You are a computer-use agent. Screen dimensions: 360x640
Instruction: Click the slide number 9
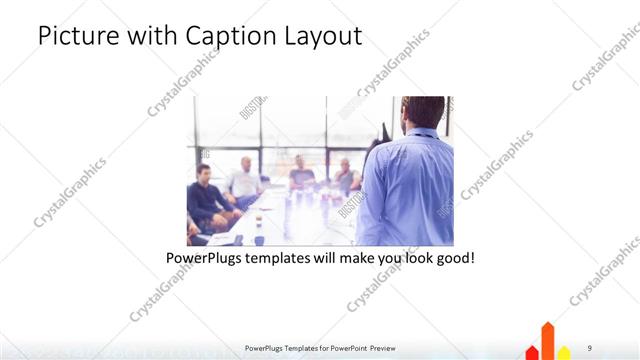pyautogui.click(x=589, y=348)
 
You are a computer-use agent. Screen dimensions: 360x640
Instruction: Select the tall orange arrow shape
pyautogui.click(x=547, y=340)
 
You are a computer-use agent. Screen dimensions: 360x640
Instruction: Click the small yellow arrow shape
pyautogui.click(x=564, y=352)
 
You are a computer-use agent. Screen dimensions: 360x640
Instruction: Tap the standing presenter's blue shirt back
pyautogui.click(x=405, y=190)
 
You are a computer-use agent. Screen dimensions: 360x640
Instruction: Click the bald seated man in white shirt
pyautogui.click(x=243, y=180)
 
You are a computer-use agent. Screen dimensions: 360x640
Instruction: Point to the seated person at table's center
pyautogui.click(x=301, y=174)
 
